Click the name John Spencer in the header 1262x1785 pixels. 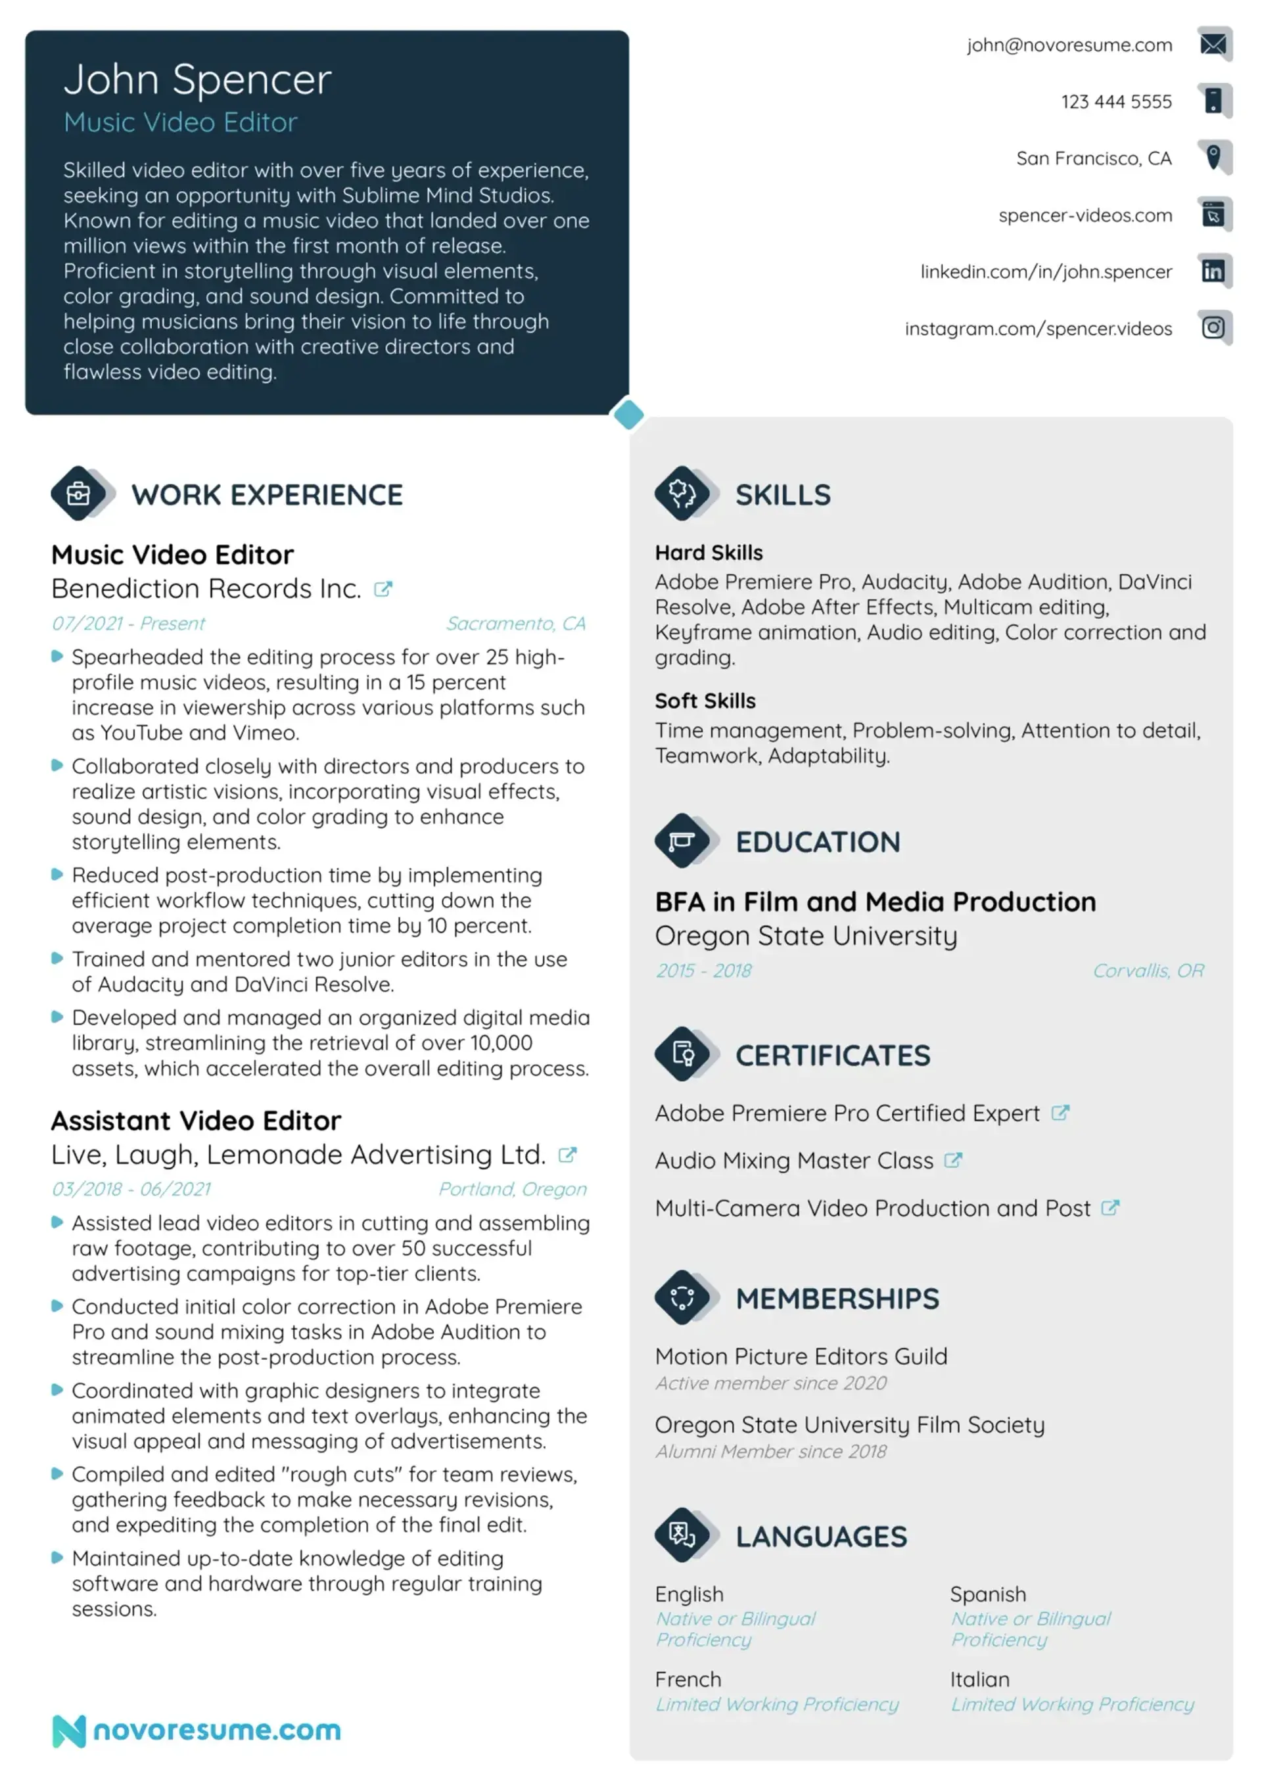tap(197, 80)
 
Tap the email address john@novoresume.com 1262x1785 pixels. tap(1069, 45)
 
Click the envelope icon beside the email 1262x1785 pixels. tap(1213, 43)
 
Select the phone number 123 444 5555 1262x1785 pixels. tap(1116, 102)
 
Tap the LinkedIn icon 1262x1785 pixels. tap(1213, 271)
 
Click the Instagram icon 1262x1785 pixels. tap(1213, 327)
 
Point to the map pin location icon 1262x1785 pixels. tap(1213, 156)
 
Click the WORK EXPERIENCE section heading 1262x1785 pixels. tap(267, 494)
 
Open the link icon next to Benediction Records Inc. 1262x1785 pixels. tap(383, 590)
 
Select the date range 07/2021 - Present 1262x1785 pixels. tap(128, 624)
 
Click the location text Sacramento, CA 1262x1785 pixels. tap(515, 624)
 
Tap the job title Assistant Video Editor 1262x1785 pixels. tap(196, 1121)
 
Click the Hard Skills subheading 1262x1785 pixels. tap(709, 553)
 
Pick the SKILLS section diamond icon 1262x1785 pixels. tap(682, 493)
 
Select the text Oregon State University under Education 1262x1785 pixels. tap(806, 936)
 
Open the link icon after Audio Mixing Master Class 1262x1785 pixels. tap(952, 1161)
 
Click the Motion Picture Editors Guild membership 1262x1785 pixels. tap(801, 1356)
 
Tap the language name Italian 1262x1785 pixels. tap(979, 1679)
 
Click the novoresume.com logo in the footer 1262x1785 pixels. tap(197, 1730)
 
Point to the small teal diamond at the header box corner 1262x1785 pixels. tap(628, 414)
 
